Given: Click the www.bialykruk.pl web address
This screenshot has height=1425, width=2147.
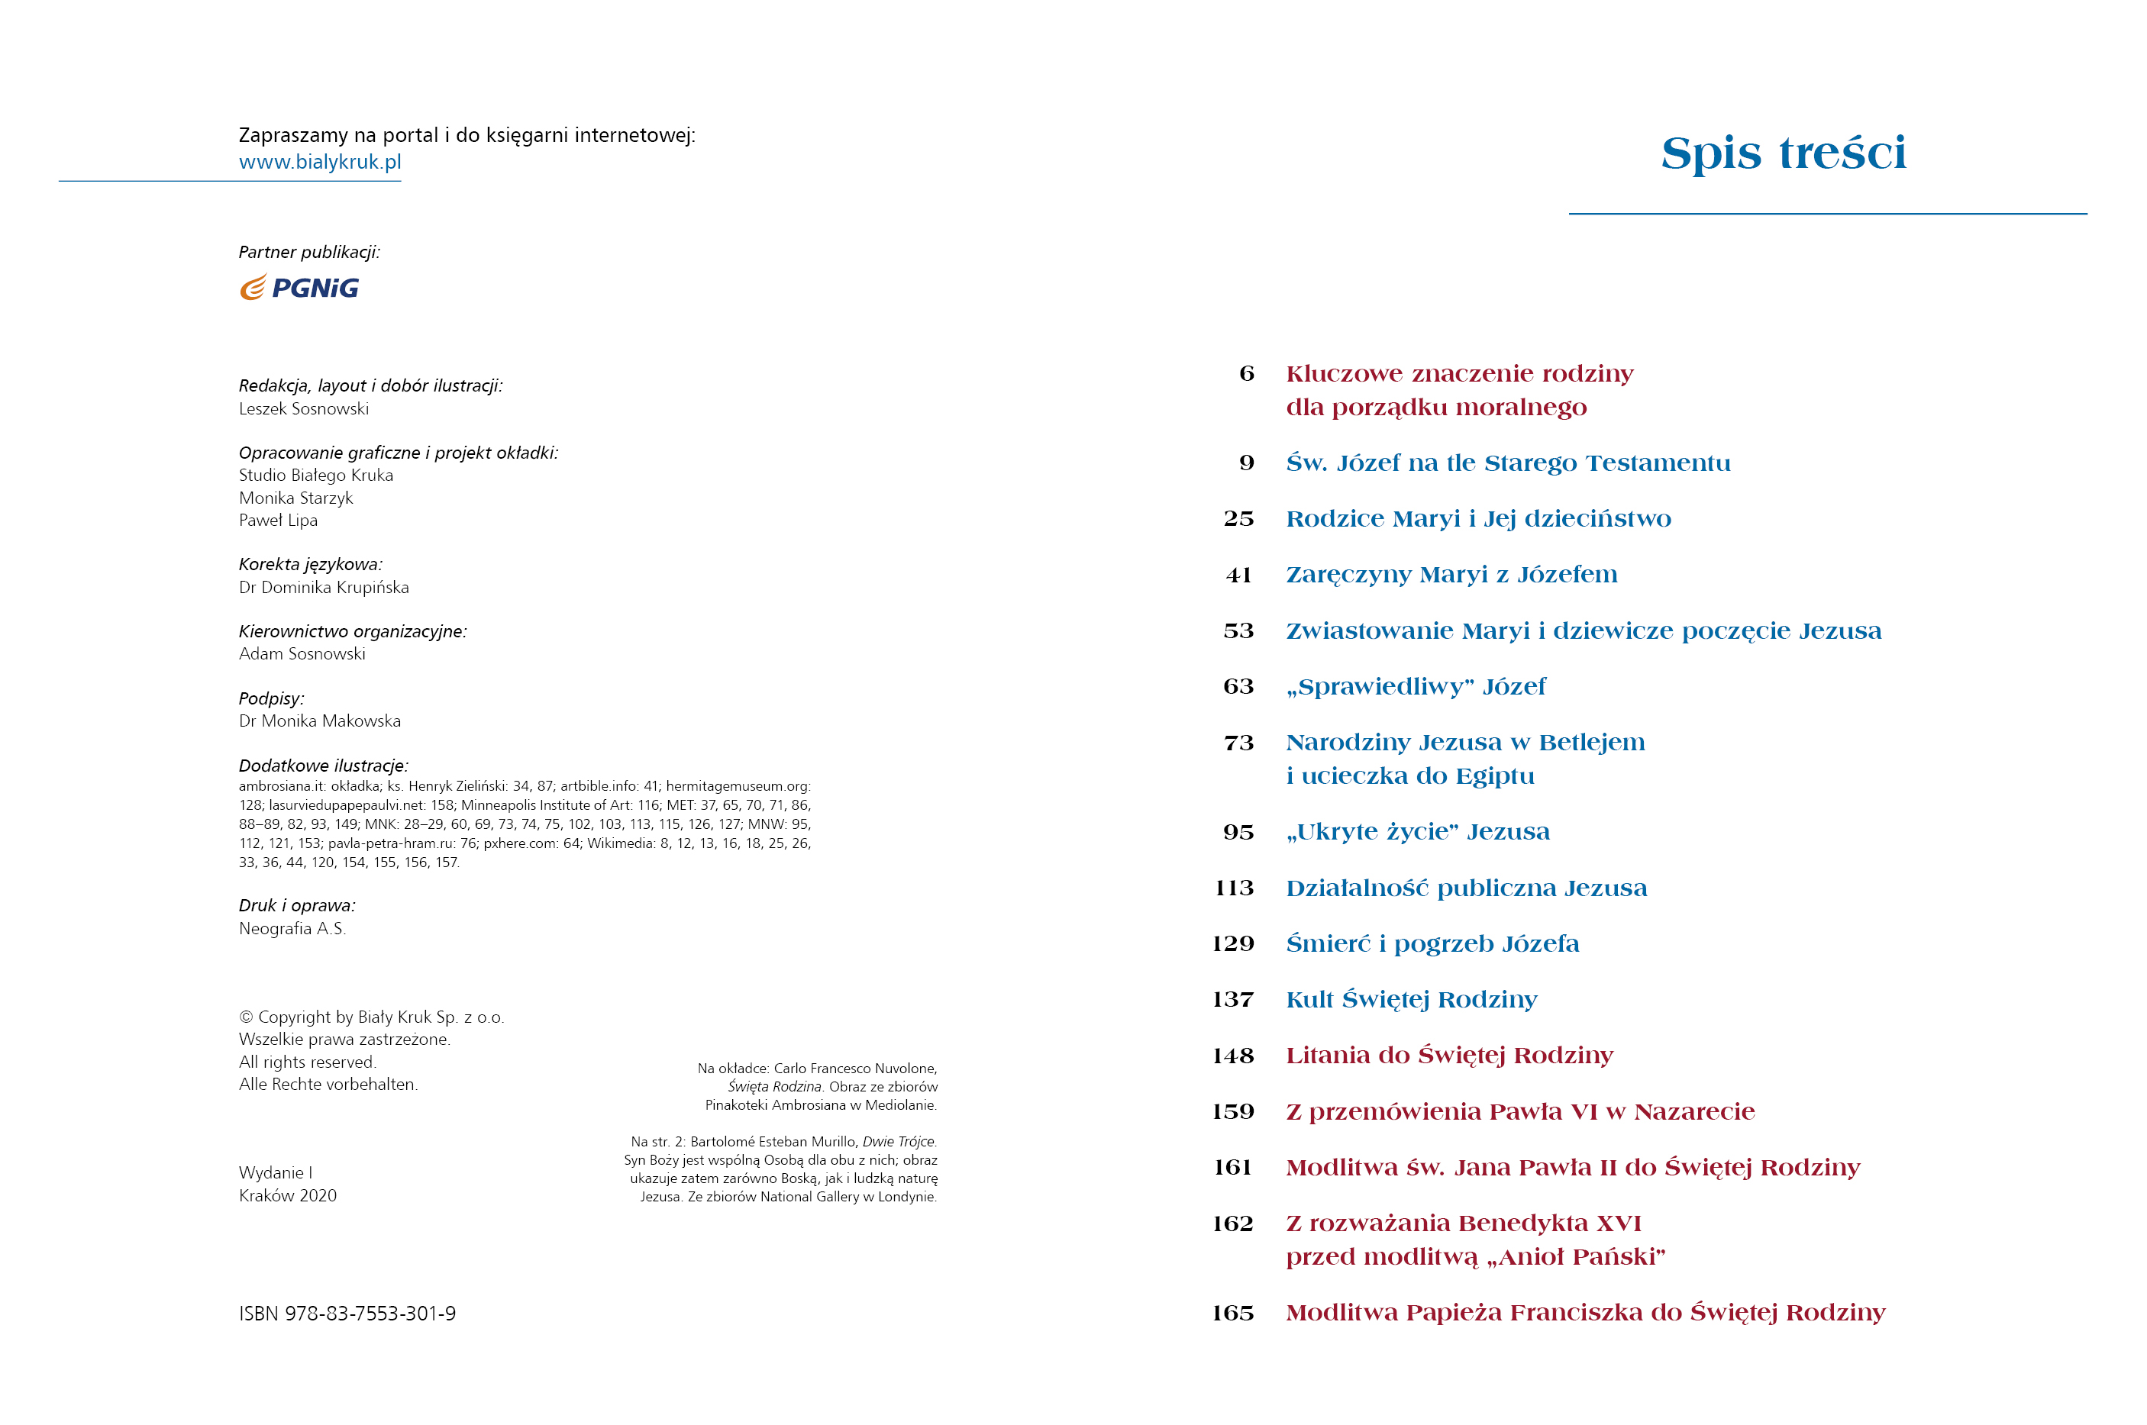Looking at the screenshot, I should coord(319,162).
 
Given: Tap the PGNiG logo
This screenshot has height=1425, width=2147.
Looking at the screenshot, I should coord(299,288).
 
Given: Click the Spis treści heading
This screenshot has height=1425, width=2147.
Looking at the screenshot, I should coord(1783,153).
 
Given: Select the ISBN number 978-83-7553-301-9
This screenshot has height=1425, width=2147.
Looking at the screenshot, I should coord(347,1314).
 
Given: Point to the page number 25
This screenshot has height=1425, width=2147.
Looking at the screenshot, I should coord(1238,519).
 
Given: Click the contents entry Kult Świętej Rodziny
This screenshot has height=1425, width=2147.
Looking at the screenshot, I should coord(1411,1000).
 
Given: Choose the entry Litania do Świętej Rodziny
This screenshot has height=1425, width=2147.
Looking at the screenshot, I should coord(1449,1055).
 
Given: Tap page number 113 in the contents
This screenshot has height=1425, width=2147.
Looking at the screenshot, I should coord(1234,888).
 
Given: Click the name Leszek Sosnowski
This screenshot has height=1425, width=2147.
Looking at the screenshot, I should coord(304,409).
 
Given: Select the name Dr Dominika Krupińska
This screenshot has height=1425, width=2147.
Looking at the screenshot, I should coord(324,587).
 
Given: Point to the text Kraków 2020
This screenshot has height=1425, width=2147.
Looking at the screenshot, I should coord(287,1195).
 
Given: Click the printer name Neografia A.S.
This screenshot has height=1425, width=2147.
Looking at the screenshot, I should coord(292,929).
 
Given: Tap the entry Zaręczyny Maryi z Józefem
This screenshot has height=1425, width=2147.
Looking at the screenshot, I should coord(1451,575).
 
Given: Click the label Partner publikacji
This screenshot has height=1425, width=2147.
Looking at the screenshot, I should coord(309,252).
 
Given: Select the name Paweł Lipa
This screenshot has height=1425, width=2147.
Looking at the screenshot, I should coord(278,521).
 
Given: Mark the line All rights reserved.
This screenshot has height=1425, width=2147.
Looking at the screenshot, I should coord(307,1062).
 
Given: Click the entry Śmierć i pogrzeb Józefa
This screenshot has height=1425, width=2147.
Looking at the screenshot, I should coord(1432,944).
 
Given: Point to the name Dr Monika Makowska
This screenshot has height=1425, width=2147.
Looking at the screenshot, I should coord(319,721).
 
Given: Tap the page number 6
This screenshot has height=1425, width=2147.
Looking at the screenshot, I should coord(1246,373).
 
